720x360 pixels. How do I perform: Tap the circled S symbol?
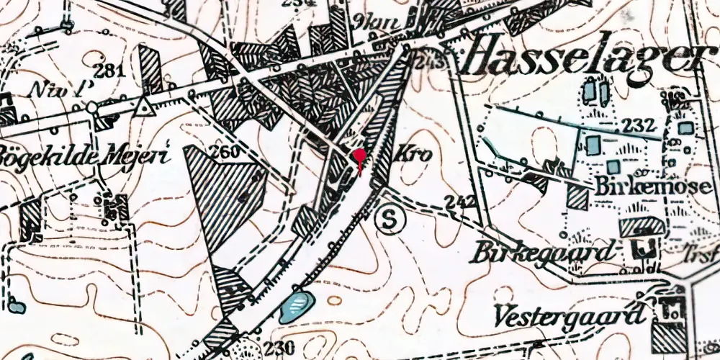point(390,220)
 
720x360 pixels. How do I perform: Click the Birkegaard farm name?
point(544,253)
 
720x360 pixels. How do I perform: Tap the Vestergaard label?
point(569,315)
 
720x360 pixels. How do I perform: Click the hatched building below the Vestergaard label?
point(670,336)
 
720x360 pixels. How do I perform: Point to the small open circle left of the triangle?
point(92,108)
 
